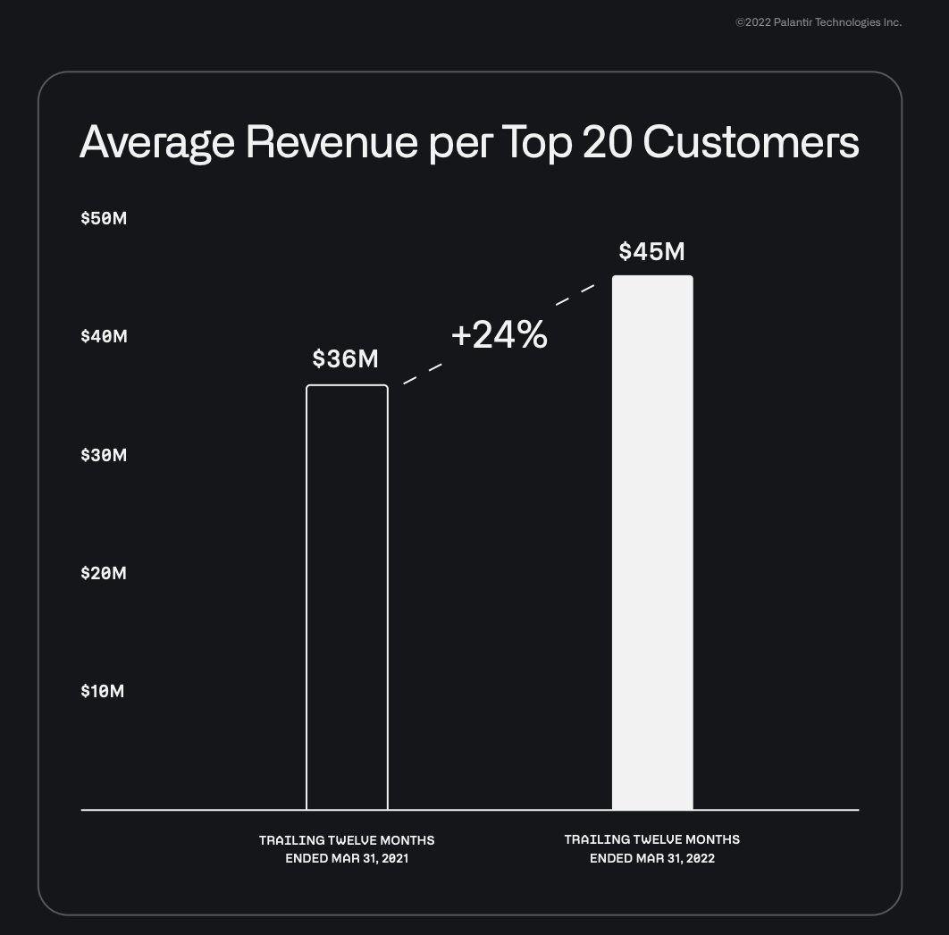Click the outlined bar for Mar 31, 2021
pos(347,597)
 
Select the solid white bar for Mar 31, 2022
pos(652,543)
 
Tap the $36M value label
pos(346,359)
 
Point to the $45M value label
pos(651,251)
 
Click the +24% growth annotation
pos(499,335)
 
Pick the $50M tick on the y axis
pos(104,218)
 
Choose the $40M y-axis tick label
pos(104,336)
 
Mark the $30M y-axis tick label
pos(104,455)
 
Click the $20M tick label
pos(104,573)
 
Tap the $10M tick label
pos(104,691)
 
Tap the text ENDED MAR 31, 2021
pos(347,858)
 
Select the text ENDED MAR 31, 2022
pos(652,858)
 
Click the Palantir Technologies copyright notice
pos(818,22)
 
